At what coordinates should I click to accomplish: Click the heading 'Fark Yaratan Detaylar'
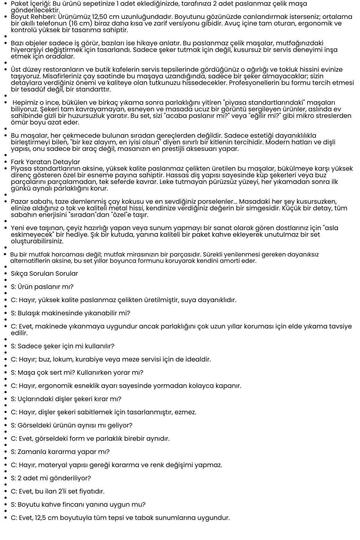[x=45, y=162]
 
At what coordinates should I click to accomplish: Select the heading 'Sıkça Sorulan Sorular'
[x=44, y=274]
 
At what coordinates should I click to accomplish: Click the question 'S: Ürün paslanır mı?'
[x=42, y=287]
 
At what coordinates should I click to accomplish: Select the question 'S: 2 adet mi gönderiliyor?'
[x=51, y=478]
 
